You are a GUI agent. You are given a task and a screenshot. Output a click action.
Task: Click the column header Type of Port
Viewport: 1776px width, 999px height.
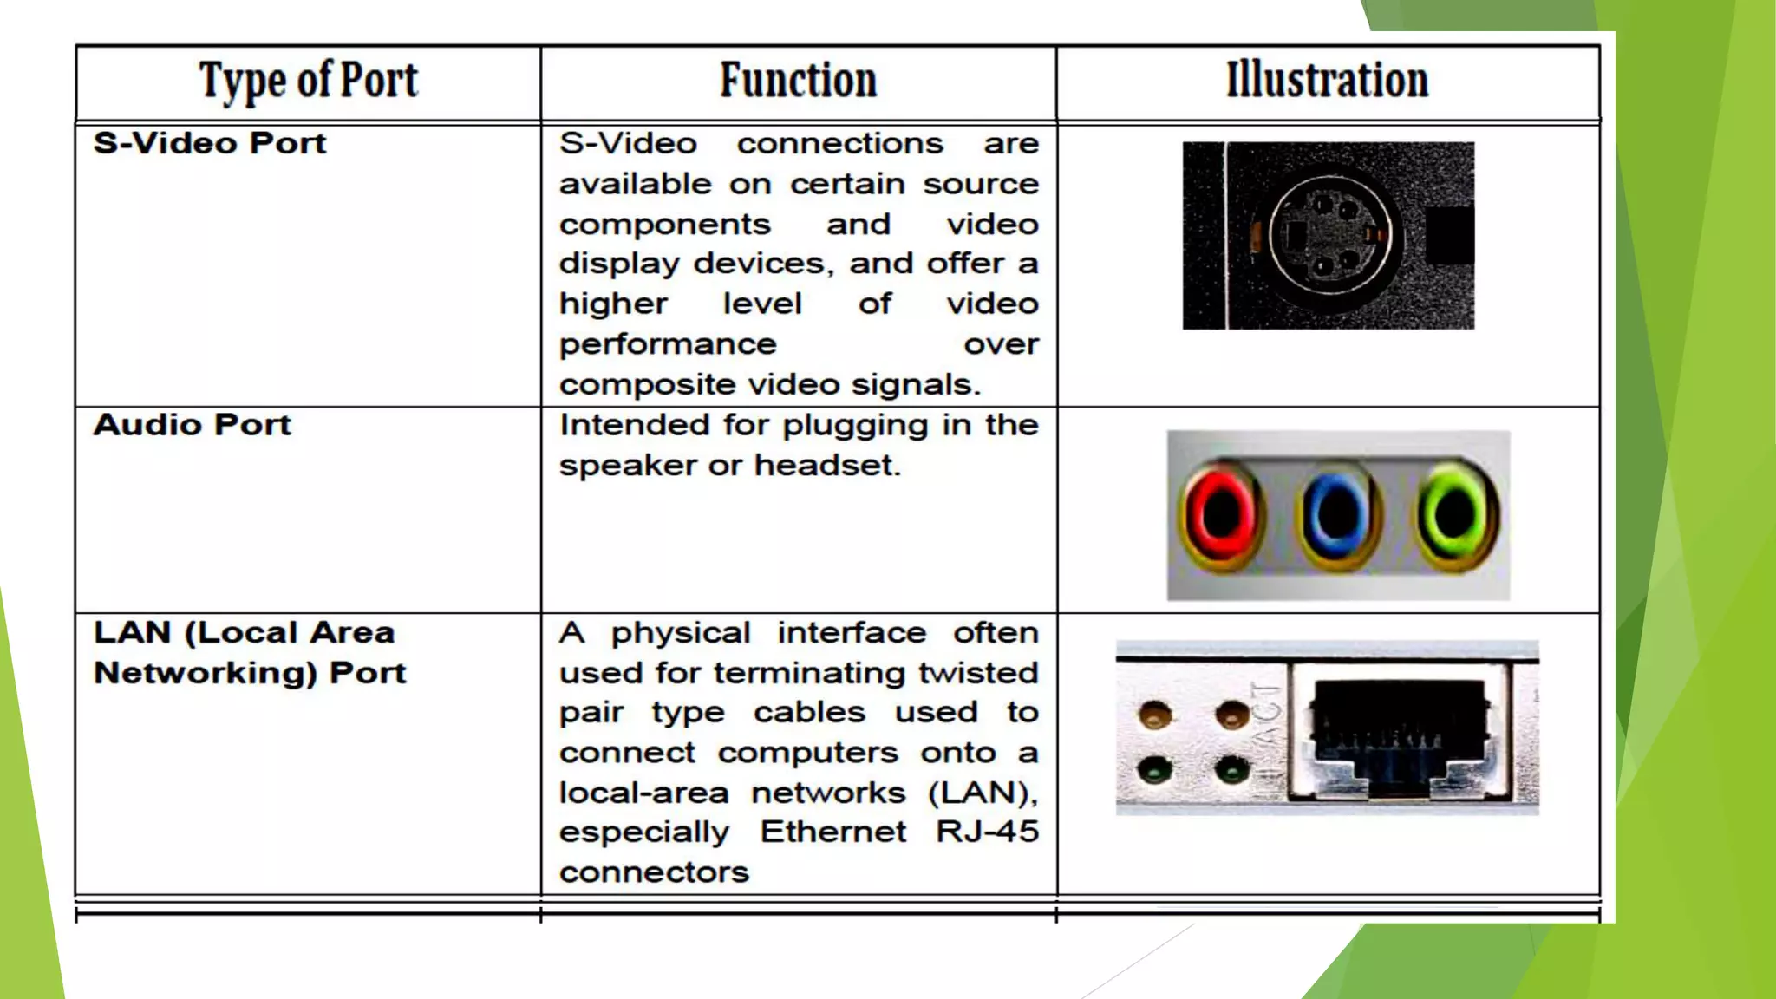coord(309,82)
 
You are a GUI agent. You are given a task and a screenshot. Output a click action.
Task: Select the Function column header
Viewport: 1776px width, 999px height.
coord(798,81)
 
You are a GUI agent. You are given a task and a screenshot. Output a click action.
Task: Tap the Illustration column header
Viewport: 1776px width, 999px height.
coord(1327,81)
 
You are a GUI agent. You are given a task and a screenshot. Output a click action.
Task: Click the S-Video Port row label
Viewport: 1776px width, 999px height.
coord(210,143)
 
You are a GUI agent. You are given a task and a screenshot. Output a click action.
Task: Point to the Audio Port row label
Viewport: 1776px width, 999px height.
coord(193,425)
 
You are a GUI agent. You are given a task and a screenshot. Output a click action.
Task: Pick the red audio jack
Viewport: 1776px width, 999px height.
coord(1221,515)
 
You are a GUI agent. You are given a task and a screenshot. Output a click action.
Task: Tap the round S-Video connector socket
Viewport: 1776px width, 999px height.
coord(1329,235)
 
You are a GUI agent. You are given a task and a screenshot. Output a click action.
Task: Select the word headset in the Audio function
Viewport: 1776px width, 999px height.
coord(827,466)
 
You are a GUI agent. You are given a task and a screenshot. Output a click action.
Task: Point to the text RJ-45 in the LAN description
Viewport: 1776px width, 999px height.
coord(987,832)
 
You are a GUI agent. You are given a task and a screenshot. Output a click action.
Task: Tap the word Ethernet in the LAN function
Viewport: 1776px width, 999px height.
coord(833,832)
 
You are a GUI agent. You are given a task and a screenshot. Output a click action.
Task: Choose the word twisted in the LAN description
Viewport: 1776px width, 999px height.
coord(978,673)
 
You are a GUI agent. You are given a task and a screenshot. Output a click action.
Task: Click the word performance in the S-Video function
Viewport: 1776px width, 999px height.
coord(668,344)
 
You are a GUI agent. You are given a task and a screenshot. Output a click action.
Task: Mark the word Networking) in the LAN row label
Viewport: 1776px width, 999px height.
coord(206,673)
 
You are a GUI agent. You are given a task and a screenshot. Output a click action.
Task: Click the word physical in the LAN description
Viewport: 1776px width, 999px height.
coord(681,633)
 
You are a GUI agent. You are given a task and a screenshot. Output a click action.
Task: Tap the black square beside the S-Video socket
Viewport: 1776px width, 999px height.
coord(1449,235)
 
